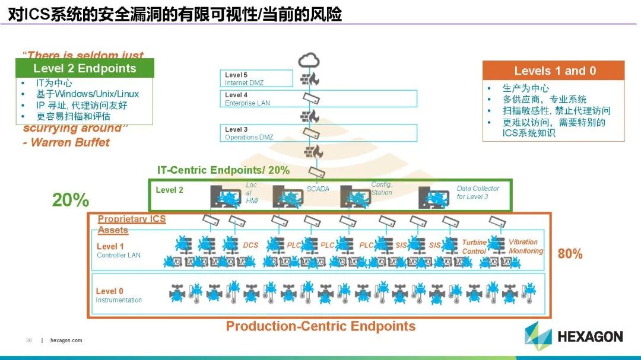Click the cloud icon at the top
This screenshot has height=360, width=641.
click(x=309, y=60)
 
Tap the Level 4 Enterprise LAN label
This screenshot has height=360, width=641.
click(x=247, y=98)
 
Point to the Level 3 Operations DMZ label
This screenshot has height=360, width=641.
click(x=249, y=133)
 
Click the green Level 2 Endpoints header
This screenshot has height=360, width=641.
click(x=85, y=68)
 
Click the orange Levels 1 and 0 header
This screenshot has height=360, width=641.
click(x=554, y=71)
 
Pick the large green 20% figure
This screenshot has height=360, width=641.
click(x=70, y=200)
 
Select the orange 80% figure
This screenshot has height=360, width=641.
click(x=570, y=254)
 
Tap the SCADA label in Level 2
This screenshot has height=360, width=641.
click(x=318, y=189)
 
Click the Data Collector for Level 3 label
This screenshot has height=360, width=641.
click(x=478, y=192)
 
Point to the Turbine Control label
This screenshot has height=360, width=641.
click(x=474, y=247)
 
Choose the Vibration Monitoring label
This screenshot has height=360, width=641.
click(x=525, y=246)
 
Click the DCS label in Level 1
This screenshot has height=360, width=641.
click(x=250, y=245)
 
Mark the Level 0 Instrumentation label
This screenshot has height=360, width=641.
click(x=119, y=295)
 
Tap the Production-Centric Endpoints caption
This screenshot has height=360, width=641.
click(x=320, y=326)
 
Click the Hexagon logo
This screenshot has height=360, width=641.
click(x=573, y=336)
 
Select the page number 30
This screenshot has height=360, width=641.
click(x=28, y=340)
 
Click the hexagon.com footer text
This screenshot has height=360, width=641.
click(x=66, y=340)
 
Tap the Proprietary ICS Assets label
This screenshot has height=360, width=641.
click(x=131, y=224)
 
